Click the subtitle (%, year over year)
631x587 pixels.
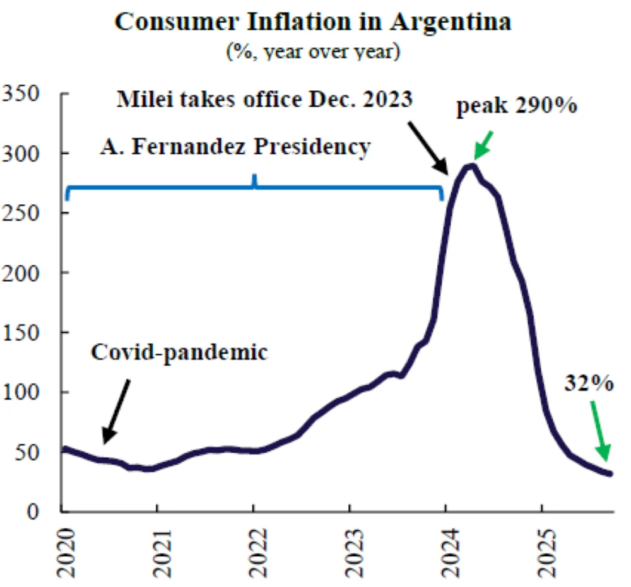click(x=313, y=51)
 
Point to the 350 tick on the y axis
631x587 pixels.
click(x=23, y=93)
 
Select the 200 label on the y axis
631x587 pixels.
click(x=23, y=272)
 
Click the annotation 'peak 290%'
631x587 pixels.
click(x=516, y=105)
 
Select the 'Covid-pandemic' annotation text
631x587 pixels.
click(x=179, y=352)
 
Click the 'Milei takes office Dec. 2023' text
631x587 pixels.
click(x=264, y=100)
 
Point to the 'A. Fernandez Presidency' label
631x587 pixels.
click(x=235, y=147)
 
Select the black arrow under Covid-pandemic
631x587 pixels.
click(x=117, y=410)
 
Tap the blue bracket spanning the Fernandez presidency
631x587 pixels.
click(x=254, y=186)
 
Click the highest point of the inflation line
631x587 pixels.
click(x=470, y=166)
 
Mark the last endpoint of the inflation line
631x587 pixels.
click(x=610, y=474)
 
